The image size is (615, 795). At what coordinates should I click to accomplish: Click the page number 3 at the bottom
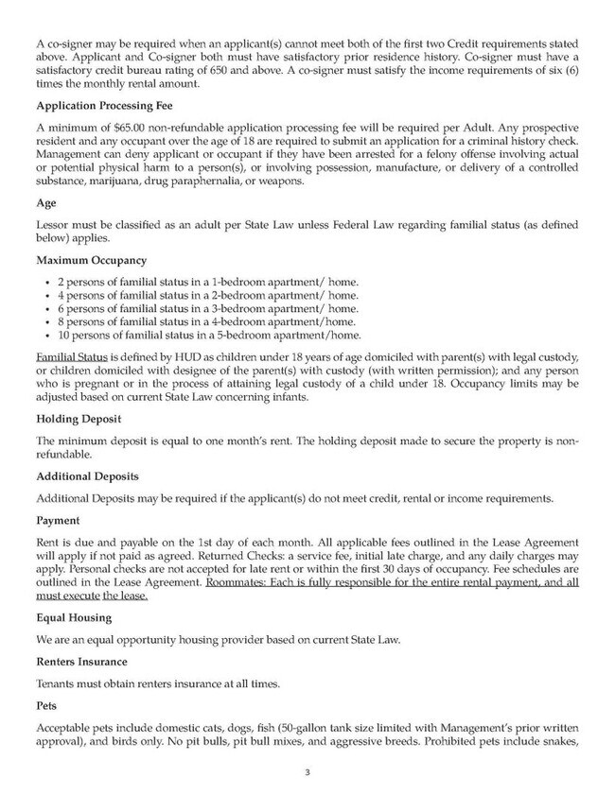pyautogui.click(x=307, y=772)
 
